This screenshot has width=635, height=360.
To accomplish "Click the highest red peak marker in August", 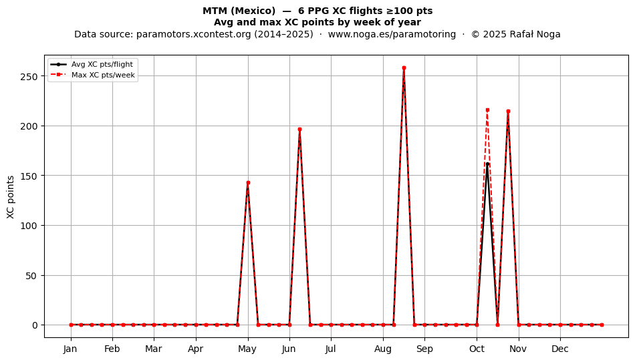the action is tap(404, 68).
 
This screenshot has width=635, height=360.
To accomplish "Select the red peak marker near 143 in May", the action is tap(248, 183).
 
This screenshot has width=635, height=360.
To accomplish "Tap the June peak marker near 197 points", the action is tap(299, 130).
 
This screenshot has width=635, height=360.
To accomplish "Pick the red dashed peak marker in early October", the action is tap(487, 110).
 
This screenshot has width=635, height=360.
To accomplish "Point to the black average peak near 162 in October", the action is tap(487, 164).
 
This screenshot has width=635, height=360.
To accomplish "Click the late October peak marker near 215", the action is tap(508, 112).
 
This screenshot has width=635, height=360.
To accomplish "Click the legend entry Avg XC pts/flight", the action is tap(102, 64).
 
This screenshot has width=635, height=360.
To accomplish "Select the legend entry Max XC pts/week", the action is tap(103, 75).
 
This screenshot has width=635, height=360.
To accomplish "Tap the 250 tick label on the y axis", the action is tap(29, 76).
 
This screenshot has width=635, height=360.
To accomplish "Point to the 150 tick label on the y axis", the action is tap(29, 176).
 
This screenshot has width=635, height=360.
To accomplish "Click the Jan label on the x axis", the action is tap(70, 349).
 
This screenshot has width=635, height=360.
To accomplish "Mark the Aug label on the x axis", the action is tap(383, 349).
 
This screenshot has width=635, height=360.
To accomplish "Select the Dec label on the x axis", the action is tap(561, 349).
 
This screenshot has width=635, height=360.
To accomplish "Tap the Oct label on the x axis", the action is tap(477, 349).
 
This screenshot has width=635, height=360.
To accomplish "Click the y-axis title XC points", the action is tap(11, 197).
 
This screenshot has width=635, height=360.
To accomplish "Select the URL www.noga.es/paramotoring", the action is tap(392, 34).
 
